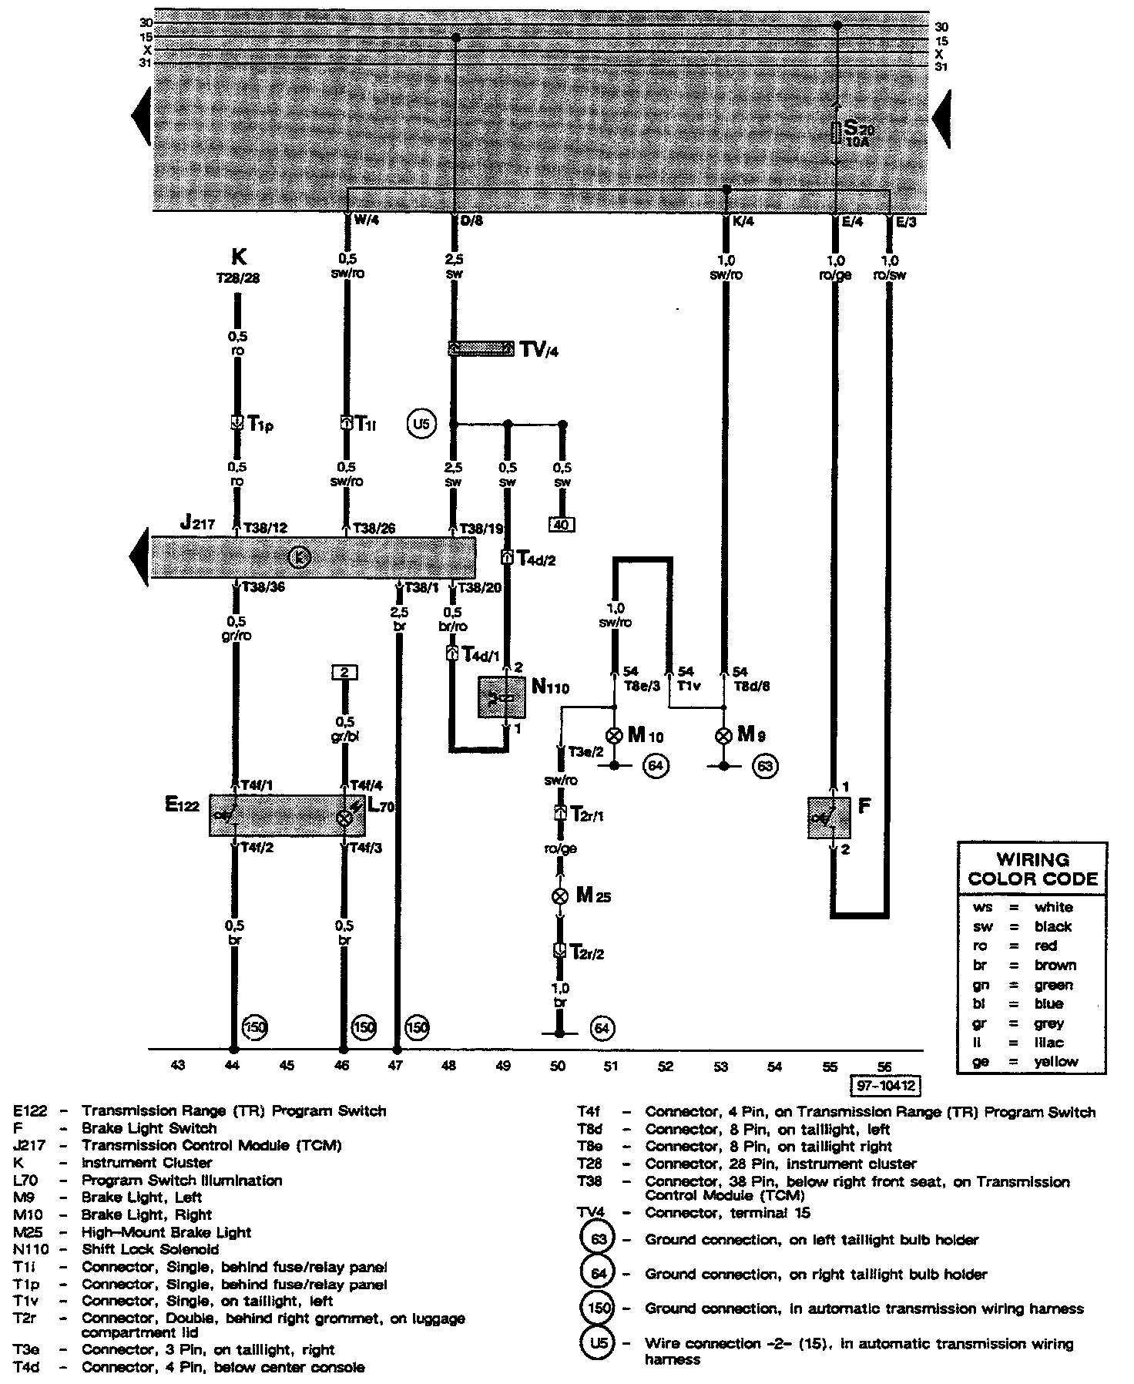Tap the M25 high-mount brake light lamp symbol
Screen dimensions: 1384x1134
[561, 895]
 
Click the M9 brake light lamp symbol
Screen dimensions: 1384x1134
[723, 735]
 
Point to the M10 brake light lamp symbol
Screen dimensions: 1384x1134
[614, 735]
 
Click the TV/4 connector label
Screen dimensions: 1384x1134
[538, 350]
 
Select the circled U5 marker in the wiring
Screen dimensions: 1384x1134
[421, 425]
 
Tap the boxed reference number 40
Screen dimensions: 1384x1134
[562, 525]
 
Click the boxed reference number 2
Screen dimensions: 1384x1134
[344, 673]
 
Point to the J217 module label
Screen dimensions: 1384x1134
[197, 522]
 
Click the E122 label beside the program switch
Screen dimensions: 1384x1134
[183, 805]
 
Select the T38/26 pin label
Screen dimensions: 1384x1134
[374, 528]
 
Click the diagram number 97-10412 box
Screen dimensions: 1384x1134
[887, 1086]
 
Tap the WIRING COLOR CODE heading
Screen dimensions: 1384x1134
[1032, 868]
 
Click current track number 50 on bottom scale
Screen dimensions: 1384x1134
[558, 1067]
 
